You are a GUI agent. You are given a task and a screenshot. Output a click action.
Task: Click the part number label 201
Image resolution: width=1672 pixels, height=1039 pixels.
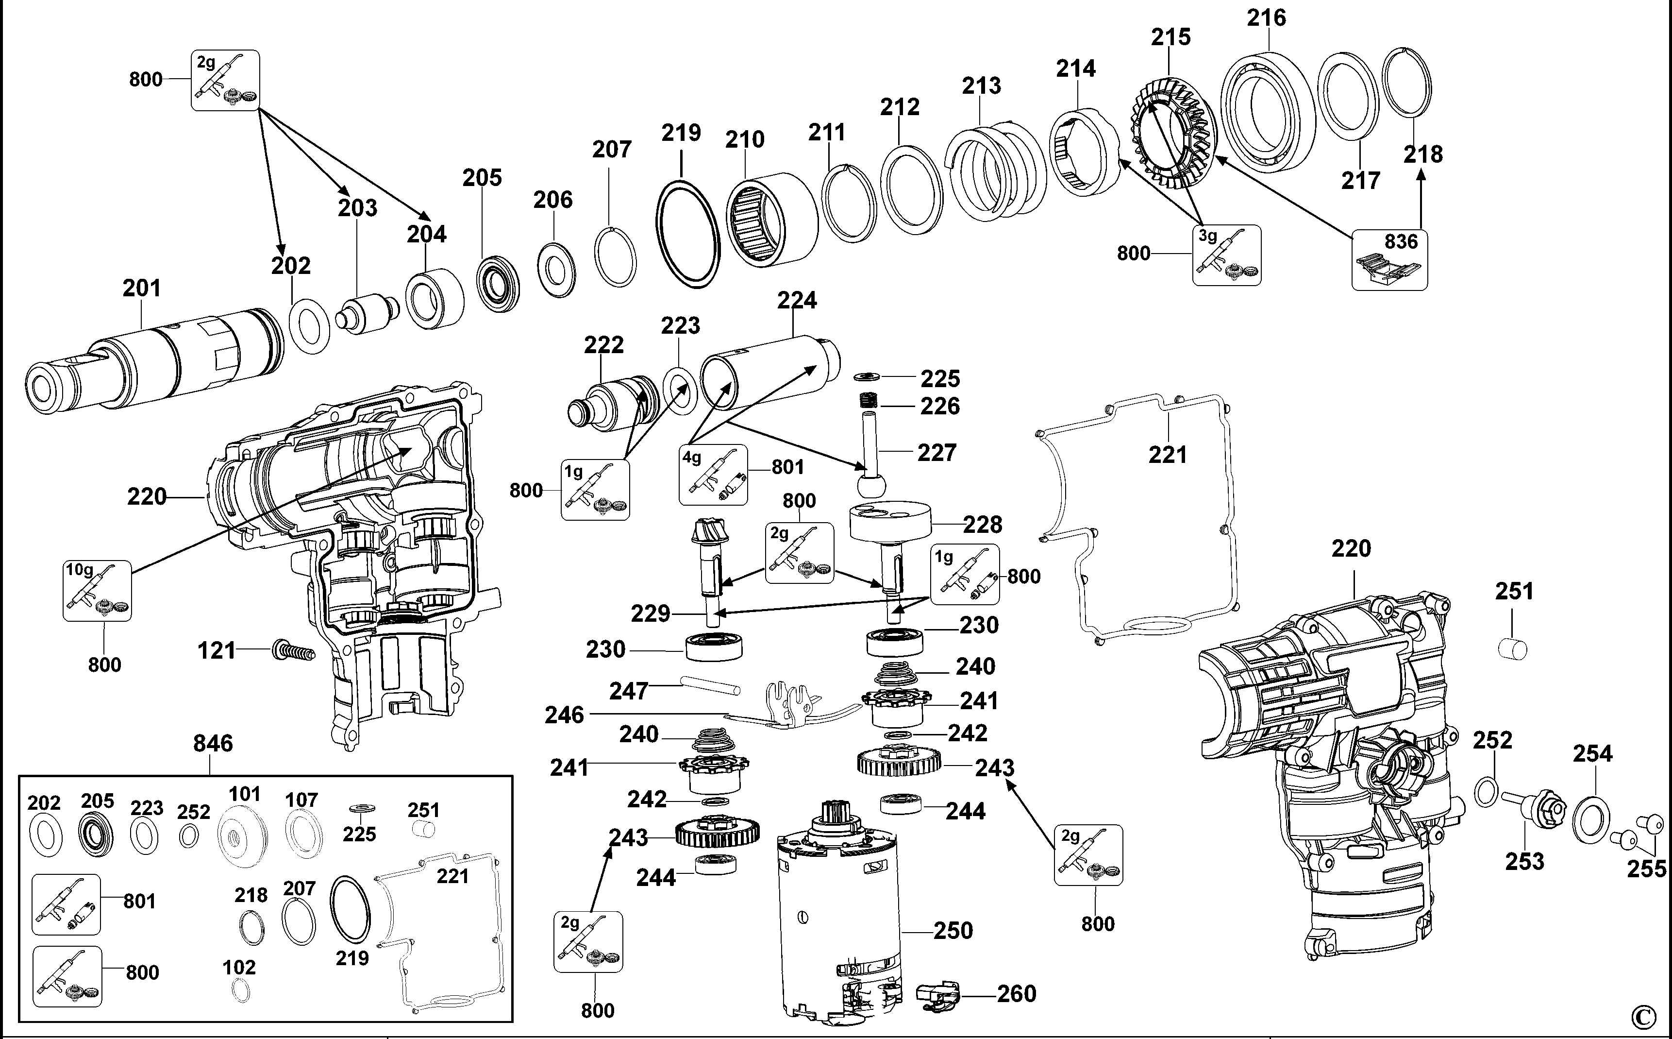141,288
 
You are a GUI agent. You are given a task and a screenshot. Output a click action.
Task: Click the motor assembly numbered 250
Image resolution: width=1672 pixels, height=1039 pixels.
838,921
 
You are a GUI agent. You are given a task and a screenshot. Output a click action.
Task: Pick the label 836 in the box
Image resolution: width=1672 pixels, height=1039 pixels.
1401,242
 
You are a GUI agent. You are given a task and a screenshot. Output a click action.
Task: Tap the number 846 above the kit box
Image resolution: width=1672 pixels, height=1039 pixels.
213,744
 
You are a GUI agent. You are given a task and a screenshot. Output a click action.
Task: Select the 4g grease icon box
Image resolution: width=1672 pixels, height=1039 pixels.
713,474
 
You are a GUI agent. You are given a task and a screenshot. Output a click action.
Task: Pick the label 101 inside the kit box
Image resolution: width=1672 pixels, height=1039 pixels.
245,794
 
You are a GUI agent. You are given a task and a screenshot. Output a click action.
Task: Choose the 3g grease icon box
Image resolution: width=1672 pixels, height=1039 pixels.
1226,255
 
